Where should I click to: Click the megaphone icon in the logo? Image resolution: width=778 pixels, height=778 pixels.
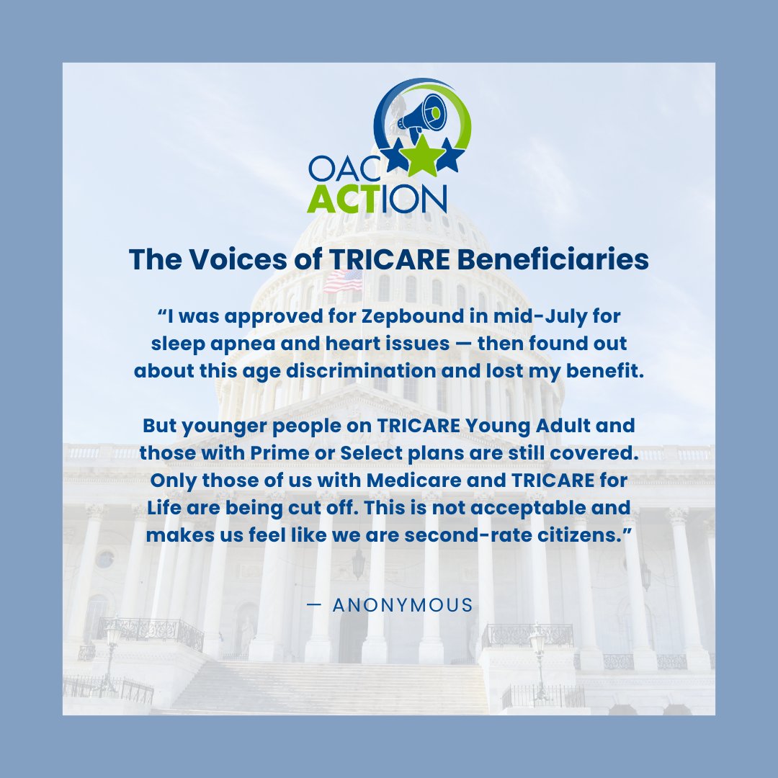pos(424,115)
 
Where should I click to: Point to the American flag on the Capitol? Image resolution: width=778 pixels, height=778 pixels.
pos(343,281)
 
